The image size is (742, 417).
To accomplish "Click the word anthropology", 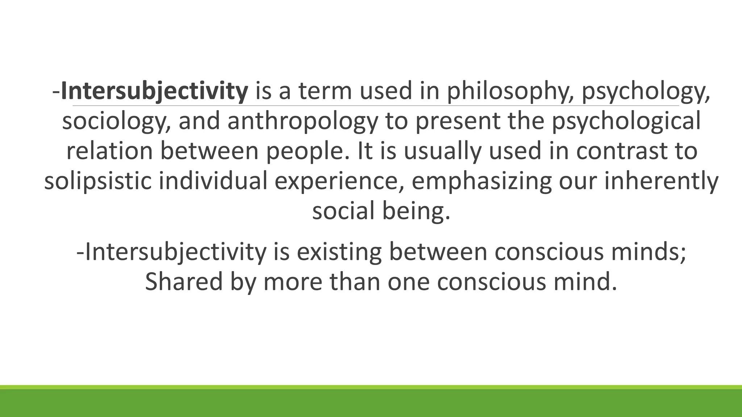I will [x=303, y=122].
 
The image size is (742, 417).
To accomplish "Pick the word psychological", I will [x=626, y=121].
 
